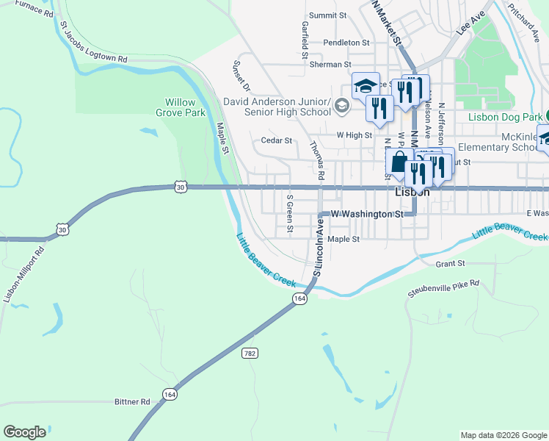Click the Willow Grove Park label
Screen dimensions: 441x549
[x=181, y=108]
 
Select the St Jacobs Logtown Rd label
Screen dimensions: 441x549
[x=94, y=44]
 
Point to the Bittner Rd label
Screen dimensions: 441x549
[x=132, y=402]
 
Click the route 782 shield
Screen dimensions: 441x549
[x=250, y=353]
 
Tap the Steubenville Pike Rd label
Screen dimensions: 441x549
[x=443, y=288]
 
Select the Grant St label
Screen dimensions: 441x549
[x=451, y=263]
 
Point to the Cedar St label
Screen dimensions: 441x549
[x=277, y=140]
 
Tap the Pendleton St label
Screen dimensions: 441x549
[x=346, y=43]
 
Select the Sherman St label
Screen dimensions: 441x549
[x=328, y=65]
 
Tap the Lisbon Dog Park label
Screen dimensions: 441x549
[x=506, y=118]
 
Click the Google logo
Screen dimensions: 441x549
[x=24, y=432]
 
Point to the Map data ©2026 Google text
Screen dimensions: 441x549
[x=503, y=435]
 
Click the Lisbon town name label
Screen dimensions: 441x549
[x=412, y=192]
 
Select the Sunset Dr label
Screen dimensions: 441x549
[x=241, y=76]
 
